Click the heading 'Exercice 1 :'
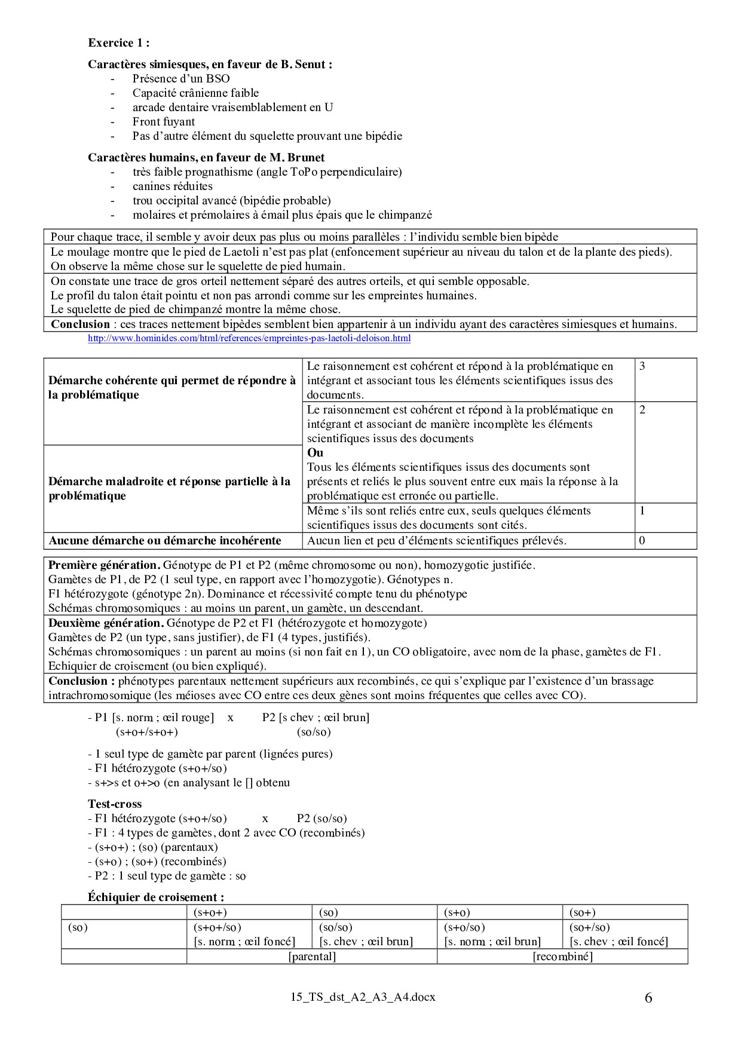click(x=118, y=43)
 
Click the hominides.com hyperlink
click(x=249, y=339)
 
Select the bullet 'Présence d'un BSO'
click(x=181, y=79)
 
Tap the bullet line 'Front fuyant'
click(x=164, y=122)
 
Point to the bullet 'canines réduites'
click(x=173, y=186)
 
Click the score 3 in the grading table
click(x=642, y=366)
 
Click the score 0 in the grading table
click(x=642, y=541)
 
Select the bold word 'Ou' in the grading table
click(x=315, y=453)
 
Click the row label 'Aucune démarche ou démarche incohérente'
click(x=165, y=541)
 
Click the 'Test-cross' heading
click(x=115, y=804)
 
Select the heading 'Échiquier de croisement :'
click(x=156, y=897)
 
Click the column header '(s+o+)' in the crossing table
click(x=210, y=912)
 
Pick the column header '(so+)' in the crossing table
click(x=583, y=912)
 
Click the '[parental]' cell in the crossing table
click(x=312, y=957)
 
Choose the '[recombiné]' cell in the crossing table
click(x=562, y=957)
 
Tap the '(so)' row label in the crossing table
click(x=78, y=927)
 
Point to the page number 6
click(x=649, y=998)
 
